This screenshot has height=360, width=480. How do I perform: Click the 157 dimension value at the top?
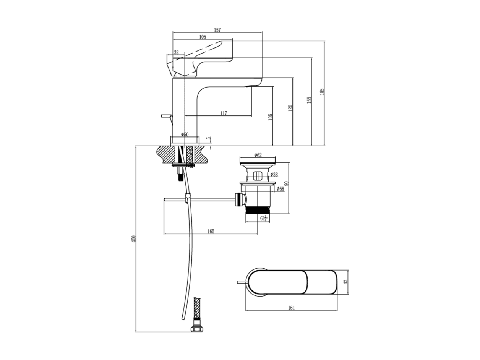[217, 30]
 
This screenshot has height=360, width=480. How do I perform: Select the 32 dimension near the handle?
[176, 52]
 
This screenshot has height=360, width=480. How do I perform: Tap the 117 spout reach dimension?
[224, 113]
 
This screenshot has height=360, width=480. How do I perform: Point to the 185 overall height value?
[322, 91]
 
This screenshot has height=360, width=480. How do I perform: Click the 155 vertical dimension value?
[309, 101]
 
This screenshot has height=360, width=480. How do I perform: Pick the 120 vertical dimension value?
[290, 108]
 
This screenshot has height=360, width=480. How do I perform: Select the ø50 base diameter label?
[185, 135]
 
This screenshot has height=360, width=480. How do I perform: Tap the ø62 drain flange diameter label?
[258, 155]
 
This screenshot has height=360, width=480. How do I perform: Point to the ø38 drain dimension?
[274, 174]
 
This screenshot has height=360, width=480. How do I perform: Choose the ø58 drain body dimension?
[281, 189]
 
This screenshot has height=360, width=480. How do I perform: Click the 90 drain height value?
[287, 183]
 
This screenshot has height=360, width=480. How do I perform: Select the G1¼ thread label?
[264, 218]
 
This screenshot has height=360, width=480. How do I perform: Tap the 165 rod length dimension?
[211, 231]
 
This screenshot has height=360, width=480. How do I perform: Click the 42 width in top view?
[346, 282]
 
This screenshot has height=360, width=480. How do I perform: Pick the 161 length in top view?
[291, 308]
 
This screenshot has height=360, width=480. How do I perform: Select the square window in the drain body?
[257, 176]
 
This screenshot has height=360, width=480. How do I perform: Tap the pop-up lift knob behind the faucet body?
[166, 116]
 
